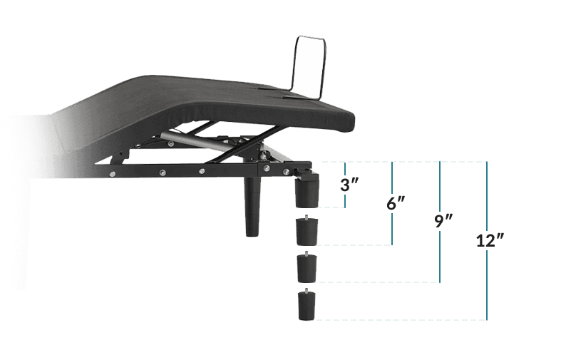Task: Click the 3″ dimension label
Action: tap(349, 185)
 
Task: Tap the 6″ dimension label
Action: tap(396, 203)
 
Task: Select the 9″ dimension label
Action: tap(443, 221)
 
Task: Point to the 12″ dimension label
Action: tap(490, 240)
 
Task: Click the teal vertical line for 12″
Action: tap(487, 240)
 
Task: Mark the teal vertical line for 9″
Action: tap(440, 222)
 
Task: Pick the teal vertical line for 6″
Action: tap(392, 203)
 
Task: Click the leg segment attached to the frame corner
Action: tap(307, 192)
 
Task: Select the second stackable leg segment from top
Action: tap(307, 230)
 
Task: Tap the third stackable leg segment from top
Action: tap(307, 267)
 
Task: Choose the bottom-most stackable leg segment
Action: tap(307, 305)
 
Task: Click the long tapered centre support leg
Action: tap(252, 206)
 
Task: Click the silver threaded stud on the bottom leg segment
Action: tap(307, 290)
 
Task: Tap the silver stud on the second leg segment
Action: tap(307, 217)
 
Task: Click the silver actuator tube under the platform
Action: tap(195, 140)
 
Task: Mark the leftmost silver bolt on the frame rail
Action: tap(113, 174)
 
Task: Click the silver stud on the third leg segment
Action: tap(307, 254)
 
